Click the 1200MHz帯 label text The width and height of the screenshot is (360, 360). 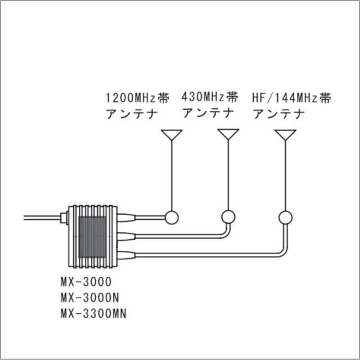137,98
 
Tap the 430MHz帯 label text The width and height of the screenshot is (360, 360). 210,97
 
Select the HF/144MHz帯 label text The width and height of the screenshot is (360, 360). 291,98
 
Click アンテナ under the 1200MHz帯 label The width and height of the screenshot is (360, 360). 132,114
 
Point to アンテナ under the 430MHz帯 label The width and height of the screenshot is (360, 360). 209,112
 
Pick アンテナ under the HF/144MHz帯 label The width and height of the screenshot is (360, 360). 279,114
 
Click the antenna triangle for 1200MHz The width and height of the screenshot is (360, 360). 172,135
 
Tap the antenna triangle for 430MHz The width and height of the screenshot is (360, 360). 228,134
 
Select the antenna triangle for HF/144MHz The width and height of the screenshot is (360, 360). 285,135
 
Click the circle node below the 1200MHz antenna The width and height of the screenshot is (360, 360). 172,218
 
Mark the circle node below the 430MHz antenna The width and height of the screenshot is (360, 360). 228,217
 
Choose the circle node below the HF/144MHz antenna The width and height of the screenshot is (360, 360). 285,218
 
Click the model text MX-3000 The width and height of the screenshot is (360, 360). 86,282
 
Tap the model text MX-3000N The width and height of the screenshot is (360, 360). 90,298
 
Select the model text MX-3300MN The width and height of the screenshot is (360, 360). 94,313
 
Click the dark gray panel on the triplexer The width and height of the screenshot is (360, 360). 92,237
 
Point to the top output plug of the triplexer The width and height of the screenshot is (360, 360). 126,218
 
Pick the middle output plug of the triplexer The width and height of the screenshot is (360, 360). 126,236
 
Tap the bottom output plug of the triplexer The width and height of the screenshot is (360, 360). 126,255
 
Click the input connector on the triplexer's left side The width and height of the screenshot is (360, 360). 64,218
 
